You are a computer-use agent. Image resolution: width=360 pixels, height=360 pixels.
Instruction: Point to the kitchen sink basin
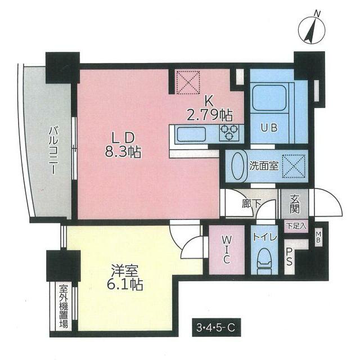click(x=191, y=134)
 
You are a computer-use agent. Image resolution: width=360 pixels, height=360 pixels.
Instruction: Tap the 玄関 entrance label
click(x=295, y=203)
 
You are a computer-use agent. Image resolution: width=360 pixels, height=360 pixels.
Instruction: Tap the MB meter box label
click(x=318, y=235)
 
